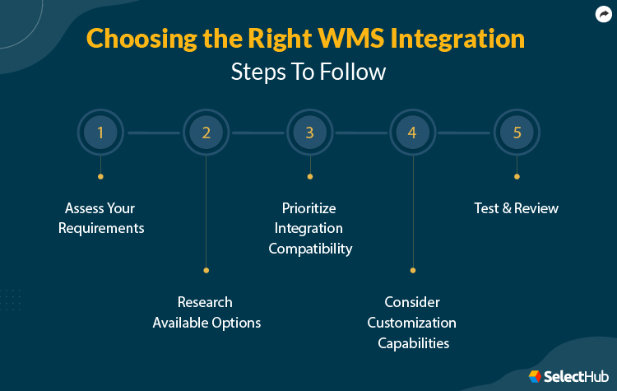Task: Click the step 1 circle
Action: tap(100, 133)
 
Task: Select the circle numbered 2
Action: tap(206, 133)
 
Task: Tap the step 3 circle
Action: tap(309, 133)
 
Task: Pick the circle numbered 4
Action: tap(412, 133)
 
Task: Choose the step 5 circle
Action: tap(517, 133)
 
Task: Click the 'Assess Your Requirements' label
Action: tap(101, 218)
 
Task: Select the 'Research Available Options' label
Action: tap(206, 312)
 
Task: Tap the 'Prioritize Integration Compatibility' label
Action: tap(309, 228)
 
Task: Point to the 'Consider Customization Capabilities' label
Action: tap(412, 322)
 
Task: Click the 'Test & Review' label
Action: tap(517, 208)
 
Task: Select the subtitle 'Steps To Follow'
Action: tap(308, 72)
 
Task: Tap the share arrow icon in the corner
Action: tap(602, 14)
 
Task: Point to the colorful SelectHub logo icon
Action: tap(536, 375)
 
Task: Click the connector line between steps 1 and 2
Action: tap(153, 133)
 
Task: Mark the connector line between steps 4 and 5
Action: tap(465, 133)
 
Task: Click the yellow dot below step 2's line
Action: tap(206, 270)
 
